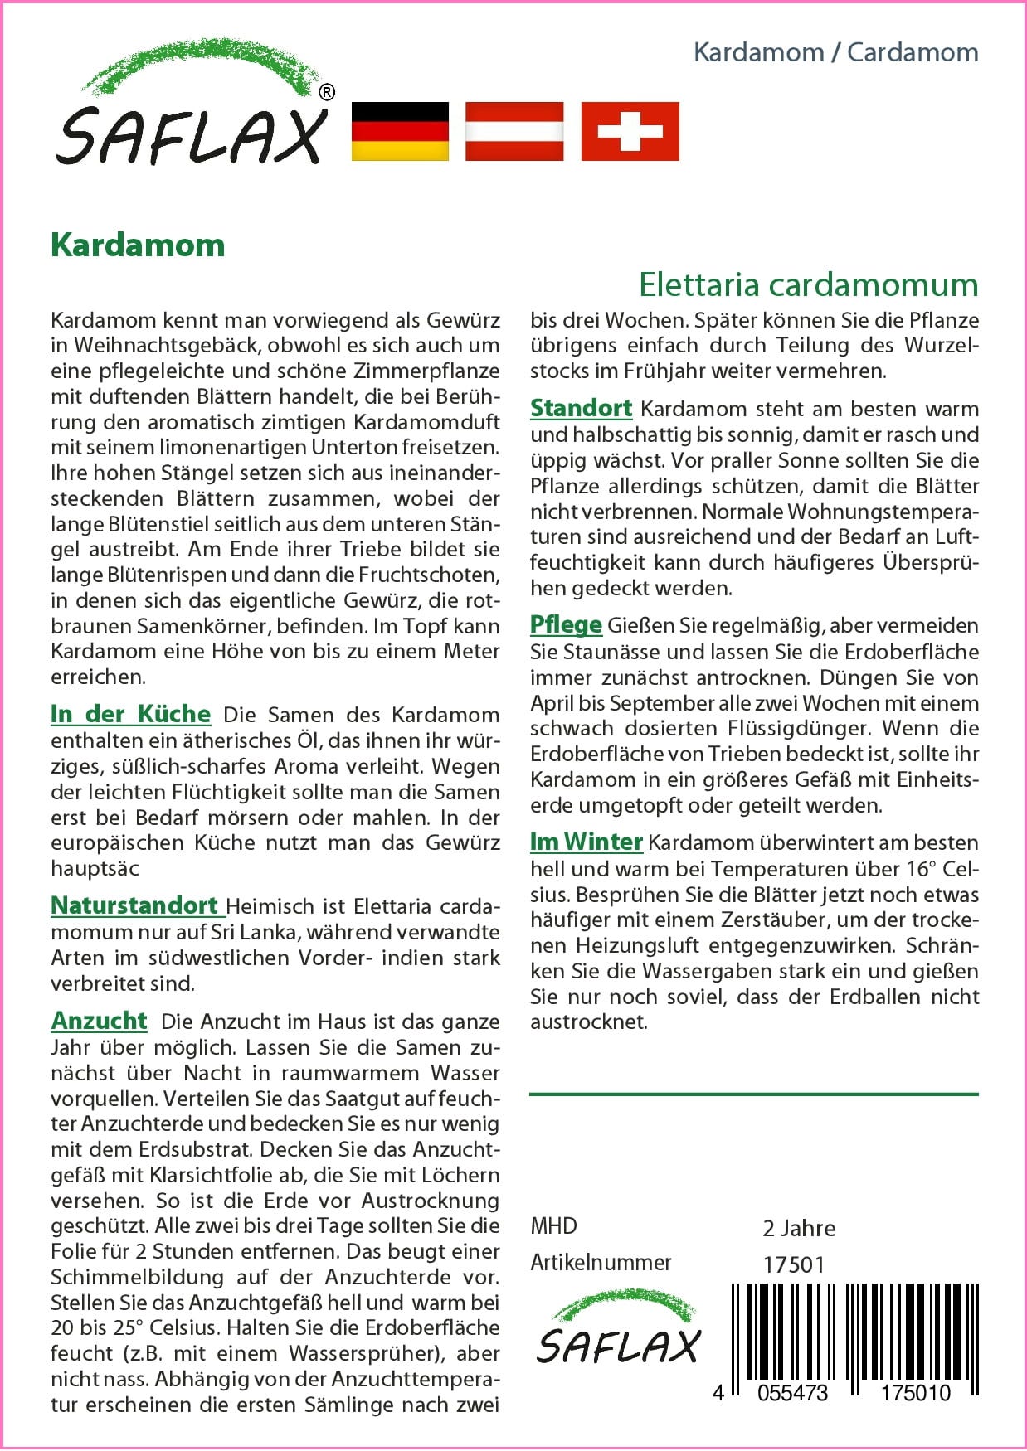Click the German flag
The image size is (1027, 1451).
pos(400,131)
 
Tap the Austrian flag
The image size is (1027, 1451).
pos(514,131)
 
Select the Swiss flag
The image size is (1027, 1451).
pos(630,131)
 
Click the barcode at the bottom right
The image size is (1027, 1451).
pos(854,1335)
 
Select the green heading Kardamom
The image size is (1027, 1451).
pos(138,245)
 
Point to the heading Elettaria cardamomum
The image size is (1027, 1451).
pos(808,284)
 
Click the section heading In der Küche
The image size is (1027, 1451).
pos(130,714)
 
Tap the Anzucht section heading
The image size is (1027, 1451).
pos(99,1021)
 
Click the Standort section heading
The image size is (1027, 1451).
pos(581,408)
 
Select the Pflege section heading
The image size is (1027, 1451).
pos(566,624)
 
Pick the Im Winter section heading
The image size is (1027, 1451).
pos(586,842)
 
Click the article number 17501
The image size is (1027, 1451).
pos(794,1264)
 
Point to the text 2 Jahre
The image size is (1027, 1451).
pos(799,1228)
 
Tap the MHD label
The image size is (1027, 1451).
pos(553,1225)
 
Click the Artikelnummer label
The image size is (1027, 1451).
pos(601,1262)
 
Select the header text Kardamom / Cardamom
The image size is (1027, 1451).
pos(835,52)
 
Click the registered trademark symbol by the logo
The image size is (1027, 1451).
pos(327,92)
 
